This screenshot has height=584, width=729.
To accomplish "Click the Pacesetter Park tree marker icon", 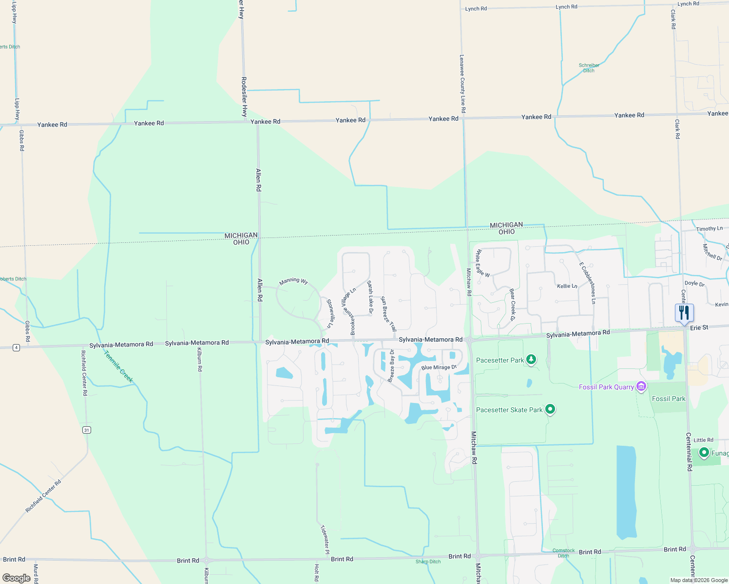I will pyautogui.click(x=531, y=360).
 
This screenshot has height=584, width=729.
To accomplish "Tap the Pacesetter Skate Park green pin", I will pyautogui.click(x=550, y=409).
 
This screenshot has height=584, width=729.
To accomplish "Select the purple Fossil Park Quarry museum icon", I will pyautogui.click(x=641, y=387).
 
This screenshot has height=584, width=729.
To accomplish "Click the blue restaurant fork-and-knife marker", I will pyautogui.click(x=684, y=313).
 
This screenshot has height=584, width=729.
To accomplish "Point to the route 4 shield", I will pyautogui.click(x=17, y=347).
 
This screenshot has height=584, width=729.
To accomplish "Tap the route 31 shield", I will pyautogui.click(x=87, y=430).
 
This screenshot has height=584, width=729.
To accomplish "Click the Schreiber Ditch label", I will pyautogui.click(x=589, y=68).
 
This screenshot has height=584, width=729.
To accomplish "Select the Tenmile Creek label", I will pyautogui.click(x=118, y=366).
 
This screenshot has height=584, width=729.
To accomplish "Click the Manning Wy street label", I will pyautogui.click(x=293, y=281).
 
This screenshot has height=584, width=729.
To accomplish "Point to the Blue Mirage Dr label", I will pyautogui.click(x=439, y=367).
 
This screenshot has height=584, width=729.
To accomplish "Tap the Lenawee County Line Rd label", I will pyautogui.click(x=462, y=84).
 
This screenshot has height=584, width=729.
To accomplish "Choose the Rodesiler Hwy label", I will pyautogui.click(x=244, y=97).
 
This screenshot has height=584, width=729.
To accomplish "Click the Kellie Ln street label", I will pyautogui.click(x=567, y=286).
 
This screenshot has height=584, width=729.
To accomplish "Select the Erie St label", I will pyautogui.click(x=699, y=328).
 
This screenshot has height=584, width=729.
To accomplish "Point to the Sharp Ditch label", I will pyautogui.click(x=428, y=562).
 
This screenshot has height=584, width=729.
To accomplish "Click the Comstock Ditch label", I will pyautogui.click(x=563, y=553).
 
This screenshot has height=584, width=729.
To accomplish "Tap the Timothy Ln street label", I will pyautogui.click(x=709, y=229).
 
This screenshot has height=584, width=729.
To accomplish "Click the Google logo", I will pyautogui.click(x=17, y=578).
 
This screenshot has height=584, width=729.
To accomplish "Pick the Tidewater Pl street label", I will pyautogui.click(x=325, y=539).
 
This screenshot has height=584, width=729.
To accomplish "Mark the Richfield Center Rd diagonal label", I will pyautogui.click(x=43, y=496).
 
